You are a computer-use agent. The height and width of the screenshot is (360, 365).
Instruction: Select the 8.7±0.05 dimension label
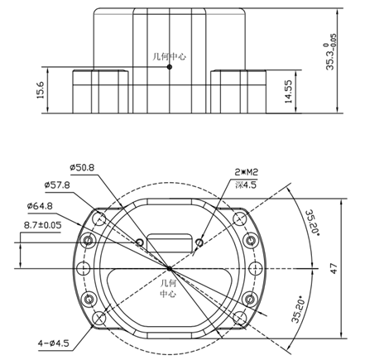pyautogui.click(x=42, y=223)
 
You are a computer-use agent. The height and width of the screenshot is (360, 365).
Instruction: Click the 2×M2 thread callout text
pyautogui.click(x=246, y=173)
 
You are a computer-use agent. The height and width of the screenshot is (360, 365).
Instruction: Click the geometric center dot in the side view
pyautogui.click(x=170, y=67)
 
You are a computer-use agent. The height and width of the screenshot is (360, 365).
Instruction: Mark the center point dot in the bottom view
pyautogui.click(x=170, y=268)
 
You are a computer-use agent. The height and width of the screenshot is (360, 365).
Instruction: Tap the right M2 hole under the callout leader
pyautogui.click(x=200, y=242)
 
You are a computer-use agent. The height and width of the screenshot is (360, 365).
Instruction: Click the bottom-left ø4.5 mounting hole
pyautogui.click(x=99, y=317)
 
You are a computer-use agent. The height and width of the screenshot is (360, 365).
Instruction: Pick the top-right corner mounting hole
pyautogui.click(x=240, y=219)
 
